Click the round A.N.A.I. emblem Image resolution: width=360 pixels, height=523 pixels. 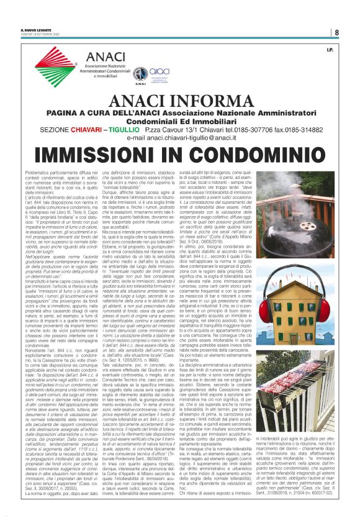pyautogui.click(x=140, y=72)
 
